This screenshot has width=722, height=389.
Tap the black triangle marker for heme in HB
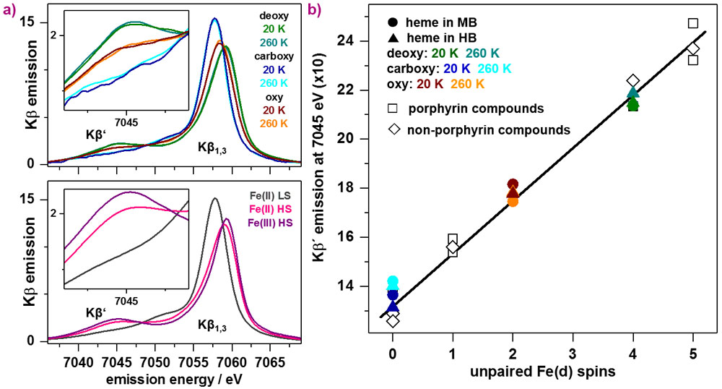click(x=391, y=38)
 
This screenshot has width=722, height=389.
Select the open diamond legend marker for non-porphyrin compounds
click(x=391, y=130)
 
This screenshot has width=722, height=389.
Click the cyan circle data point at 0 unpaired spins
click(x=393, y=282)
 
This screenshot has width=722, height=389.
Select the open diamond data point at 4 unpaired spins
click(x=633, y=81)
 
